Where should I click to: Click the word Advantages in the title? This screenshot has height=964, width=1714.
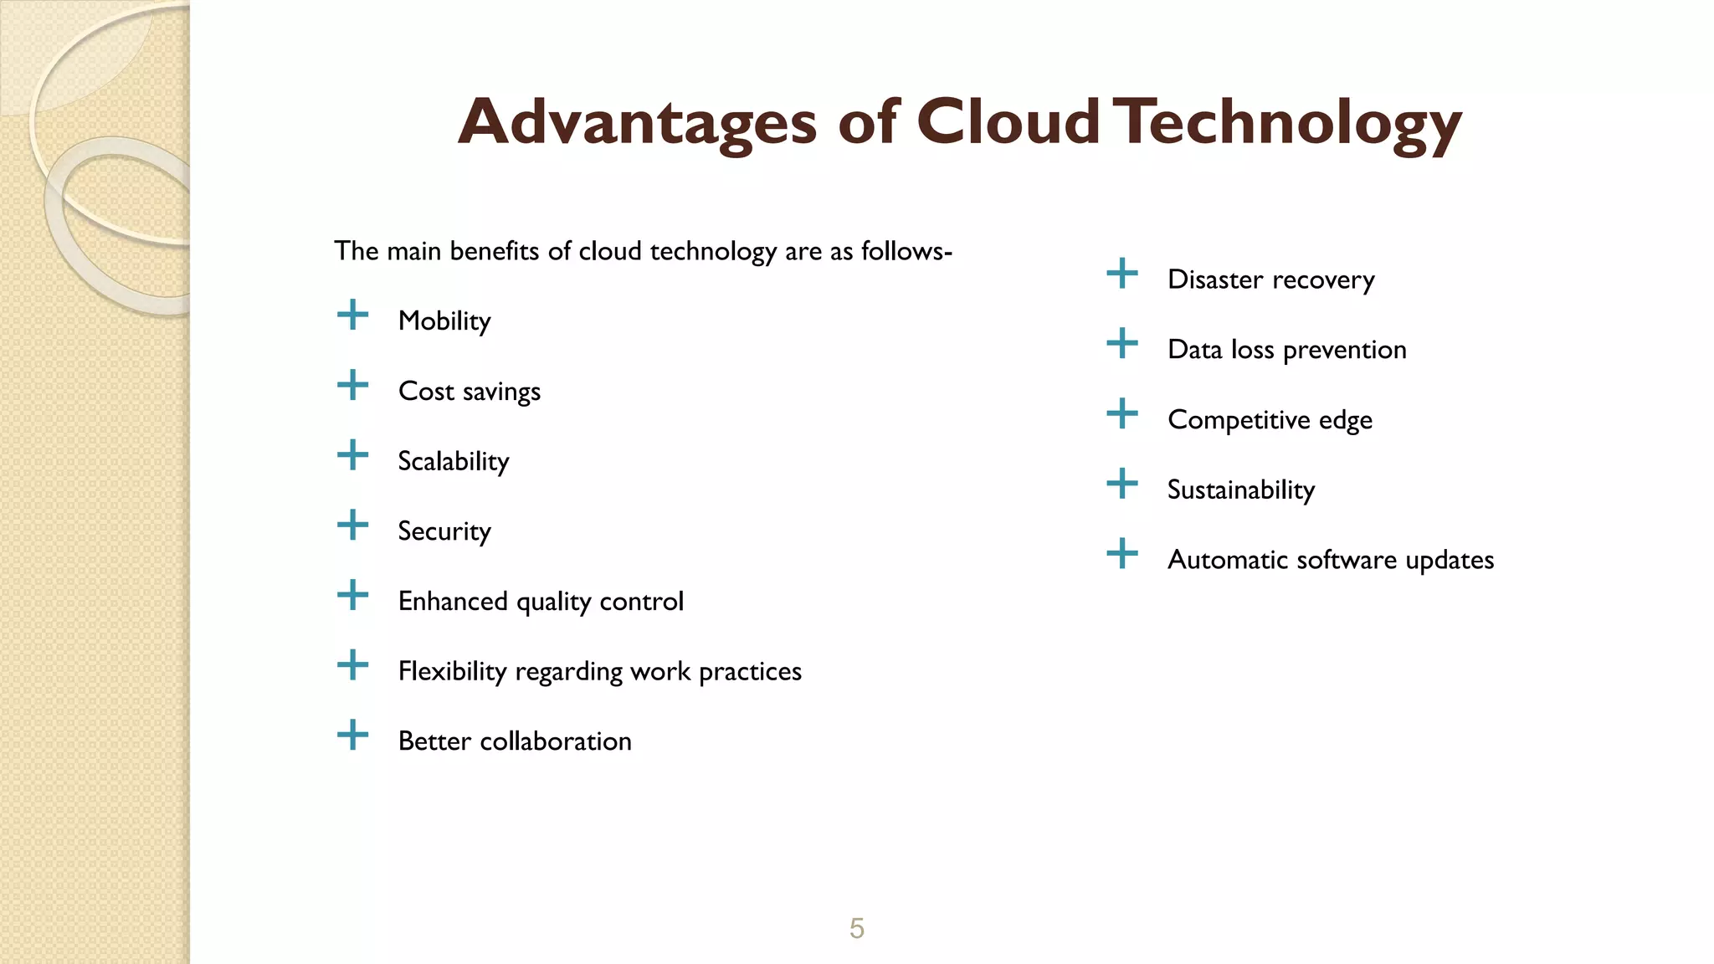637,122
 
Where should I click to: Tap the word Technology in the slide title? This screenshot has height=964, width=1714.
1291,122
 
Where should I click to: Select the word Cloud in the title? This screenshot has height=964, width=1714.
1008,122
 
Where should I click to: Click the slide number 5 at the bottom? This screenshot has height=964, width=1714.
856,928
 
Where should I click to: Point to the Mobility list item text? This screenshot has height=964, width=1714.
444,321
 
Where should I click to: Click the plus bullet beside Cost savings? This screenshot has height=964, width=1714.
352,386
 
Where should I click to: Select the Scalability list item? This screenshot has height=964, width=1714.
453,461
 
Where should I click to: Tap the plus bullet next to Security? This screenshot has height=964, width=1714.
352,526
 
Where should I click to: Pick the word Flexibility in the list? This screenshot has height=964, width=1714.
452,671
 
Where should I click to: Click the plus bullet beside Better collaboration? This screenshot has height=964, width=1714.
352,736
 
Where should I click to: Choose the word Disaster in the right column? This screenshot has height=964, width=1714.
1215,279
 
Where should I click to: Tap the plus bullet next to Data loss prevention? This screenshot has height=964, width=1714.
1122,344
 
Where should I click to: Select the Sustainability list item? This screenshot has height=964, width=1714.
1241,490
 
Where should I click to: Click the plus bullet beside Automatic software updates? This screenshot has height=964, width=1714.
1122,554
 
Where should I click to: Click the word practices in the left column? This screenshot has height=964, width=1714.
750,671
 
